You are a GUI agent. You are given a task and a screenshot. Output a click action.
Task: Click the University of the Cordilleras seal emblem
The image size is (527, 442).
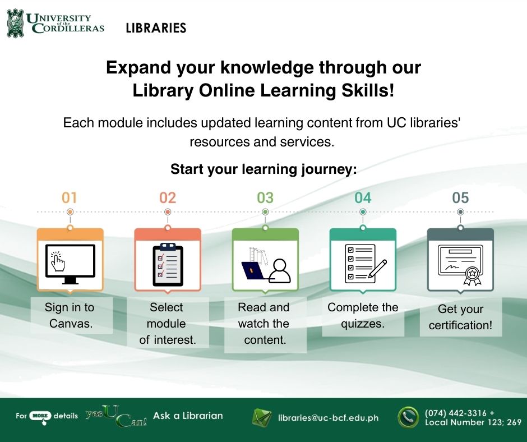coord(16,23)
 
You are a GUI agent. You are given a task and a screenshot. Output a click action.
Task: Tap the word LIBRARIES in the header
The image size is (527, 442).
coord(156,28)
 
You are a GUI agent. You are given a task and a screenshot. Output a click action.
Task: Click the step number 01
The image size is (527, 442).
coord(69,198)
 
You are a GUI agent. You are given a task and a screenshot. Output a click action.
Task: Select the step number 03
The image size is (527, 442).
coord(265,198)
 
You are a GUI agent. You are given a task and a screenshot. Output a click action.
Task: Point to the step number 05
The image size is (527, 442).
coord(460,198)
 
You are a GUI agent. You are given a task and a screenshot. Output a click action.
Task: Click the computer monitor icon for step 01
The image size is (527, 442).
coord(70,264)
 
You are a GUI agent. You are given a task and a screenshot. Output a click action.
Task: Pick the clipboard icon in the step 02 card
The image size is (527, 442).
coord(168,264)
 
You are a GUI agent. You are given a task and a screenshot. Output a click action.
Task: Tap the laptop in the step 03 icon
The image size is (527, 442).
coord(254,271)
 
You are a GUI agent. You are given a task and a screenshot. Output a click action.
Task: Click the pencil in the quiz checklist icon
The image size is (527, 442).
coord(377,269)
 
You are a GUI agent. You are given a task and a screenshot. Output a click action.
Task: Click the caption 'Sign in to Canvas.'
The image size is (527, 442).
coord(70,315)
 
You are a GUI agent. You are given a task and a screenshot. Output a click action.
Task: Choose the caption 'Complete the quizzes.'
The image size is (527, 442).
coord(363,315)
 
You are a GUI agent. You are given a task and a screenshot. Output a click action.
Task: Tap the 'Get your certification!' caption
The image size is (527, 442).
coord(460,317)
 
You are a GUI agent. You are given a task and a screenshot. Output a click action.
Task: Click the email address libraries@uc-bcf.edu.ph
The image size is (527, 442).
coord(328,418)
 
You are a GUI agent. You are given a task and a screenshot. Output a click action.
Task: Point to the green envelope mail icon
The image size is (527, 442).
coord(261,417)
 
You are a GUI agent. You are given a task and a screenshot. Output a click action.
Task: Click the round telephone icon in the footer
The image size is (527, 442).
coord(408,417)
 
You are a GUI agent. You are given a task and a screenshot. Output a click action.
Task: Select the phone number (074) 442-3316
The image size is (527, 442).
coord(455,413)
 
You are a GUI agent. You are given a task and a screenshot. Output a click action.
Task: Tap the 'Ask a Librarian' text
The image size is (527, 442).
coord(188,416)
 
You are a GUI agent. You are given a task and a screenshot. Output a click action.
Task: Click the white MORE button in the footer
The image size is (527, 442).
coord(40,416)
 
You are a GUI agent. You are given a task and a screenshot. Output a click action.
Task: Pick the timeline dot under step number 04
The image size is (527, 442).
coord(363,212)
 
